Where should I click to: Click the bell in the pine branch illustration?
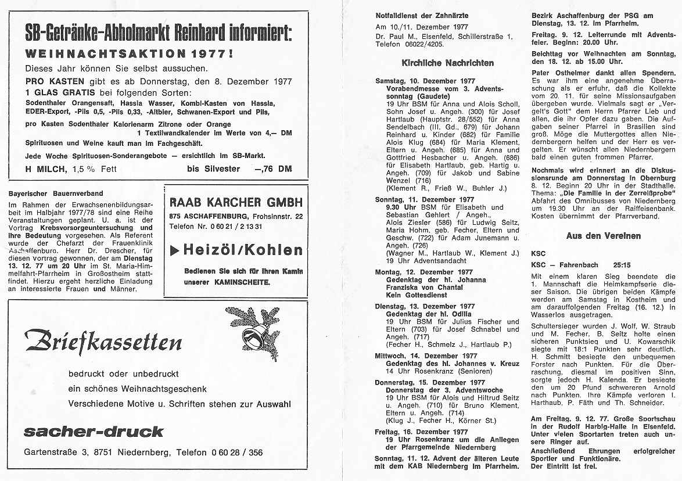(x=252, y=337)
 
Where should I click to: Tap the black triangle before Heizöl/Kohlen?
(x=174, y=251)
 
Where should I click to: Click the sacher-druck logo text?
(x=94, y=431)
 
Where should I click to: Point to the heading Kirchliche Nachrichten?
(x=448, y=63)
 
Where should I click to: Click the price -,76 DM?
(x=273, y=169)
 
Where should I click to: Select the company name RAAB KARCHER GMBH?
(x=236, y=202)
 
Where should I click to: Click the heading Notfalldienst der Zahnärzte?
(x=422, y=15)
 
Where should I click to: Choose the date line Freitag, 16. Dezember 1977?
(x=421, y=432)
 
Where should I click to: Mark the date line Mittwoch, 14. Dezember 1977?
(x=426, y=356)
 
